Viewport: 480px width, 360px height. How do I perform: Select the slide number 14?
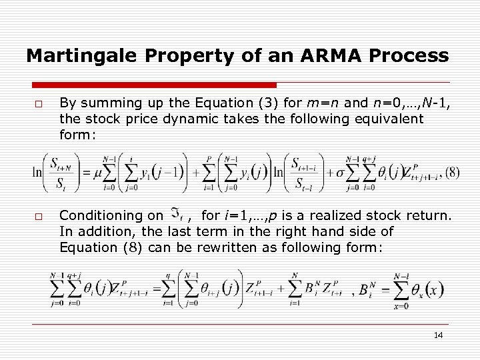pos(438,335)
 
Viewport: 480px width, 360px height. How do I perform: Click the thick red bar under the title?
pos(153,85)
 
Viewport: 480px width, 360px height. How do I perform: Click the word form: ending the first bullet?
pos(77,135)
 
